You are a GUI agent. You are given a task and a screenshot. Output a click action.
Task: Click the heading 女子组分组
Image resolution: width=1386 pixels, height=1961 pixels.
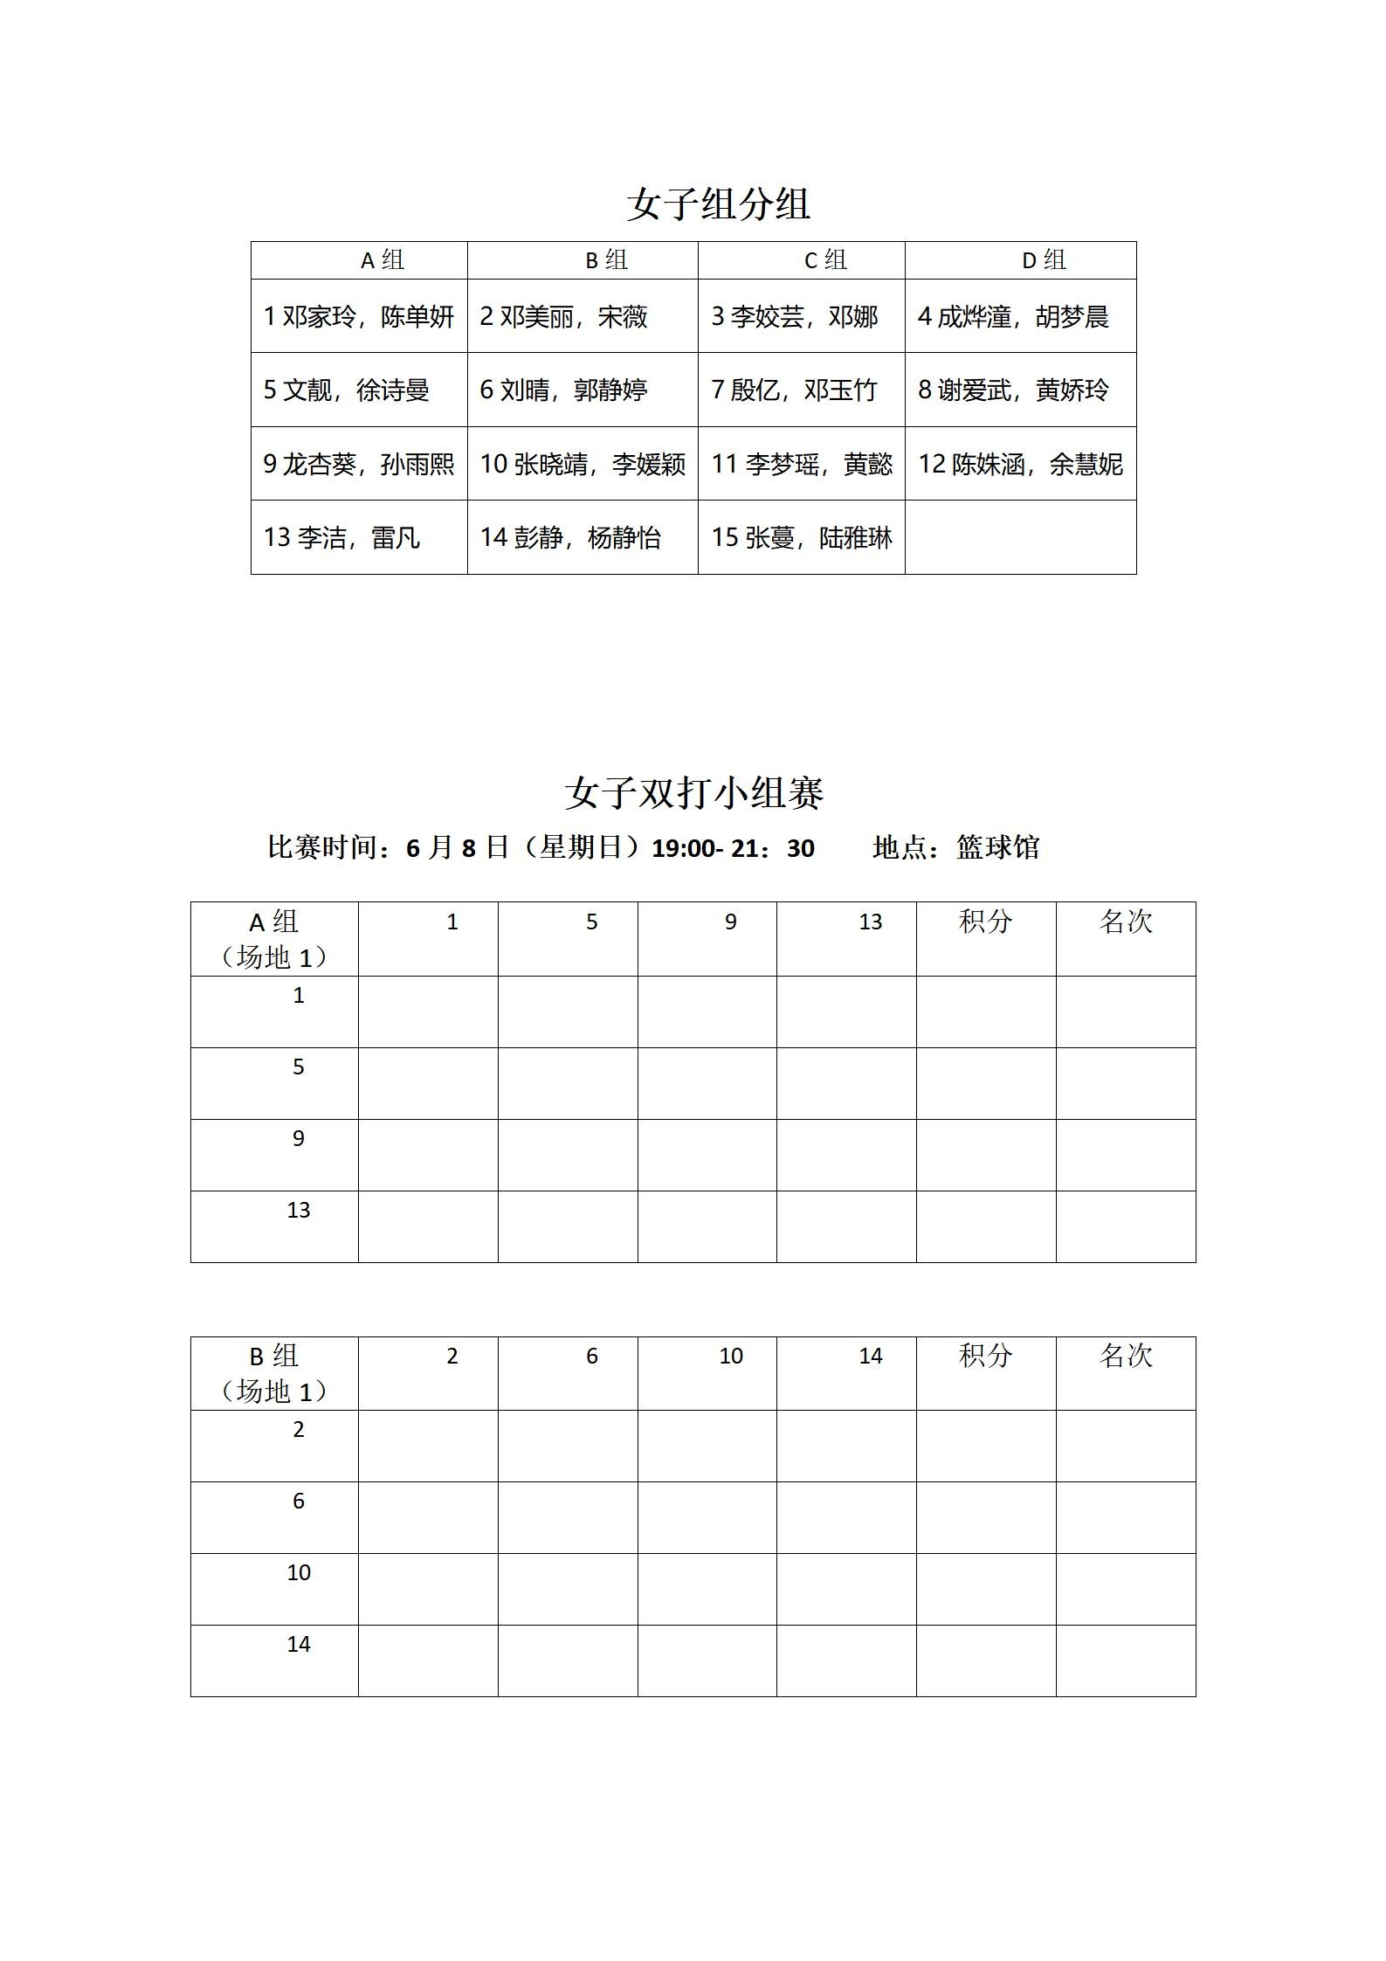pyautogui.click(x=718, y=204)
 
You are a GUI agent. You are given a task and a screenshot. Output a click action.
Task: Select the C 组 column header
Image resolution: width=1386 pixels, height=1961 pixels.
pyautogui.click(x=824, y=260)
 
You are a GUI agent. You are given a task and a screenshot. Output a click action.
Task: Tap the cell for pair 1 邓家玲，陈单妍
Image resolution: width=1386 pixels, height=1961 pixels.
pyautogui.click(x=359, y=316)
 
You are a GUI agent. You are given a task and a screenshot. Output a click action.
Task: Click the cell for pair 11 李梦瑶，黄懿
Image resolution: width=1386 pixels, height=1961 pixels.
pyautogui.click(x=801, y=464)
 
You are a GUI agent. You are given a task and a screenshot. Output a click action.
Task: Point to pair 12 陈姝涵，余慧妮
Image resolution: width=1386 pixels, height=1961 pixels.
pyautogui.click(x=1020, y=464)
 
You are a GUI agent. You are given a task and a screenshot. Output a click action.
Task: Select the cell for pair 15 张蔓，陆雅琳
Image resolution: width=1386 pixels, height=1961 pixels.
pyautogui.click(x=801, y=537)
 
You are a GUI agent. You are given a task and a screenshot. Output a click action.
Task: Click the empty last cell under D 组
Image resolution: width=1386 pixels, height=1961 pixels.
pyautogui.click(x=1020, y=537)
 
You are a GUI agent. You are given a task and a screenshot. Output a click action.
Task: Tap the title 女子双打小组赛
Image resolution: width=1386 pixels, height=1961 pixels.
pyautogui.click(x=694, y=793)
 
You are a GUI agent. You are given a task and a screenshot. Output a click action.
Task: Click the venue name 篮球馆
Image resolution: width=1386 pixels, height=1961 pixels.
pyautogui.click(x=997, y=847)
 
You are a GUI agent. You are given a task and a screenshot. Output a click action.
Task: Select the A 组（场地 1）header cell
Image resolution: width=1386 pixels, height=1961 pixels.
pyautogui.click(x=274, y=939)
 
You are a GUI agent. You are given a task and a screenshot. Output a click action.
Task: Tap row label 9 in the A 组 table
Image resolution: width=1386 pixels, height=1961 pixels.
pyautogui.click(x=299, y=1139)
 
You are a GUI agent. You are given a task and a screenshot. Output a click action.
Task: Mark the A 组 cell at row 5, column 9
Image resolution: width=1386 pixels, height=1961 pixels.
pyautogui.click(x=707, y=1083)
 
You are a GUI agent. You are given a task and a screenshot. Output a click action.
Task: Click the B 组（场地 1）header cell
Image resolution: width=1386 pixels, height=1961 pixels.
pyautogui.click(x=274, y=1373)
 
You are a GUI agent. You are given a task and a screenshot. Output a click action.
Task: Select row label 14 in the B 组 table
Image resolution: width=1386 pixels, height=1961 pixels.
pyautogui.click(x=299, y=1645)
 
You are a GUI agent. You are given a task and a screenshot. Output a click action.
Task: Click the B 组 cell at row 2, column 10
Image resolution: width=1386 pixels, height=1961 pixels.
pyautogui.click(x=707, y=1446)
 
